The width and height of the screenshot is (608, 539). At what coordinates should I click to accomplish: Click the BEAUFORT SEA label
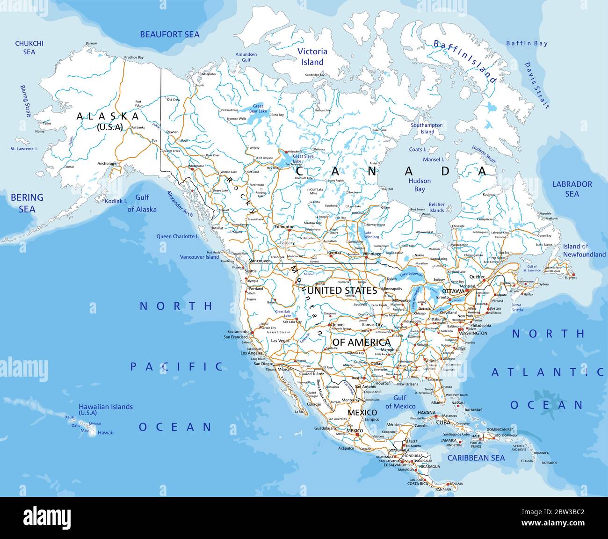pos(170,34)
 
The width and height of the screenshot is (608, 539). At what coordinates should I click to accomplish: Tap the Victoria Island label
pos(312,57)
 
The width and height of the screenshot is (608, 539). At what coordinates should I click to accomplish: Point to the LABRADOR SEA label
pos(572,189)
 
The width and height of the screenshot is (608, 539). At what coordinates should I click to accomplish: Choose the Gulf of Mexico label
pos(400,402)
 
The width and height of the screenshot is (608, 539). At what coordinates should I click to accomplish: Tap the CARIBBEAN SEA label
pos(476,458)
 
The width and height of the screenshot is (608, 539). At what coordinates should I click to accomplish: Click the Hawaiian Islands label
pos(105,409)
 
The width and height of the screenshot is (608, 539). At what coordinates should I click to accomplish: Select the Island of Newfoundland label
pos(584,250)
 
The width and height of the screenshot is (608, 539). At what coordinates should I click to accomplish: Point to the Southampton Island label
pos(427,128)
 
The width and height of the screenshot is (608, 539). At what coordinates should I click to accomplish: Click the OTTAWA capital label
pos(453,291)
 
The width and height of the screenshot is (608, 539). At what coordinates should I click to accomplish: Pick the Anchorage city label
pos(107,163)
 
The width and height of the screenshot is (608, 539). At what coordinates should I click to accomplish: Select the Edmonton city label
pos(284,227)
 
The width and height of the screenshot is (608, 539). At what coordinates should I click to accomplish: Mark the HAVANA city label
pos(426,413)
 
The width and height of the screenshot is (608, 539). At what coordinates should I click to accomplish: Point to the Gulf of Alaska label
pos(142,204)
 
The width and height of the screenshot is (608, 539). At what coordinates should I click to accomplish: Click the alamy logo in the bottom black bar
pos(47,518)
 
